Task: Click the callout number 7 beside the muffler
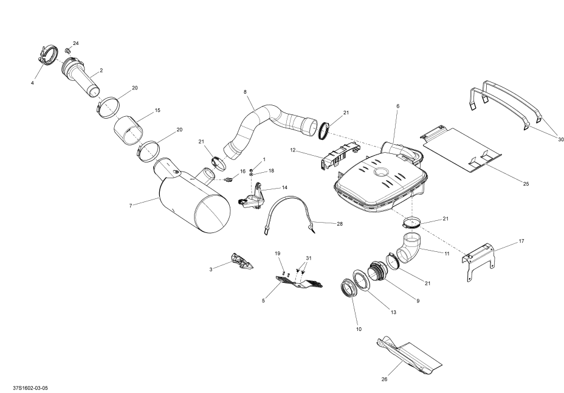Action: coord(130,206)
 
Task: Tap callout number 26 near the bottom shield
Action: coord(383,380)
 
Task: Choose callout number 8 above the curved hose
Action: coord(245,92)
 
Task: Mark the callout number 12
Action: coord(292,150)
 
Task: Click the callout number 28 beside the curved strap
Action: coord(339,224)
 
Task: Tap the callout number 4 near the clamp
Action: coord(32,82)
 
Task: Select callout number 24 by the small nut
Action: coord(76,43)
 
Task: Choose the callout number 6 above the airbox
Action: coord(397,106)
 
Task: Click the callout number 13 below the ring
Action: coord(393,312)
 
